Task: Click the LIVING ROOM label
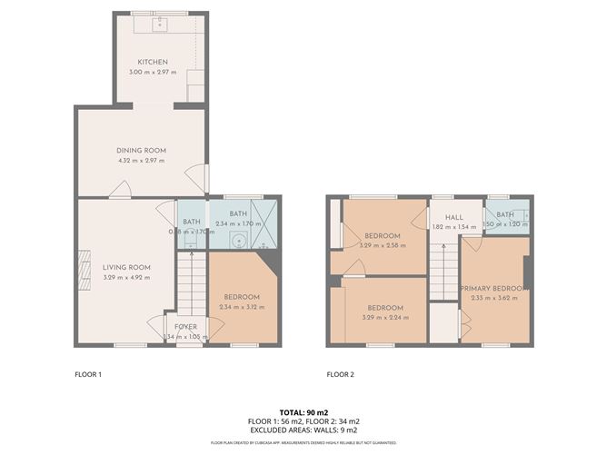(126, 266)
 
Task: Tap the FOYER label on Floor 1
(186, 326)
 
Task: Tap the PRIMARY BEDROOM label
(493, 287)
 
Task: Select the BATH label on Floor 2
(505, 214)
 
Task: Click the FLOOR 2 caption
(342, 373)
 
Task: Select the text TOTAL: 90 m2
(303, 413)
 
